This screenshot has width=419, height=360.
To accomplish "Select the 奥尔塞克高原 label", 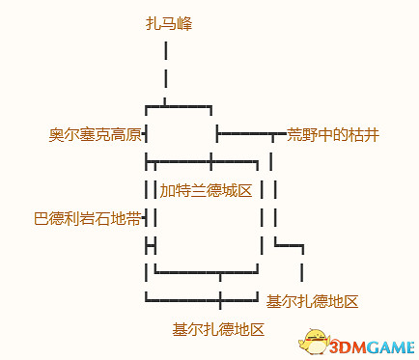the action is click(x=95, y=134).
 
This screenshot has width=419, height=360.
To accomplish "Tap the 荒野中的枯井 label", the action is click(x=333, y=134).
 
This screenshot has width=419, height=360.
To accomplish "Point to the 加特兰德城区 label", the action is click(x=206, y=190).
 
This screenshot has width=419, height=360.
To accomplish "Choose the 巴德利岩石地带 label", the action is click(x=87, y=219).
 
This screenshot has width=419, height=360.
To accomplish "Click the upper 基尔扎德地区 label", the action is click(x=313, y=301).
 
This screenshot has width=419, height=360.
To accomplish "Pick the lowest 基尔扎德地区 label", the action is click(x=218, y=329).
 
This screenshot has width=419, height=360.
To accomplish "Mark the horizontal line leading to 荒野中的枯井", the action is click(x=251, y=132).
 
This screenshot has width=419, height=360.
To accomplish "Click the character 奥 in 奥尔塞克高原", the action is click(x=56, y=134).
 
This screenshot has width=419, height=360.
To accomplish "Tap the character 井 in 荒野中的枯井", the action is click(x=372, y=134).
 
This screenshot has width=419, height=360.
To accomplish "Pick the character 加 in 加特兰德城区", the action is click(x=167, y=190).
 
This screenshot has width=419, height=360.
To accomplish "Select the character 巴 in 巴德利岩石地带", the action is click(x=42, y=219).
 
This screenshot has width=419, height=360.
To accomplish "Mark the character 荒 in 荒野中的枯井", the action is click(x=294, y=134).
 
